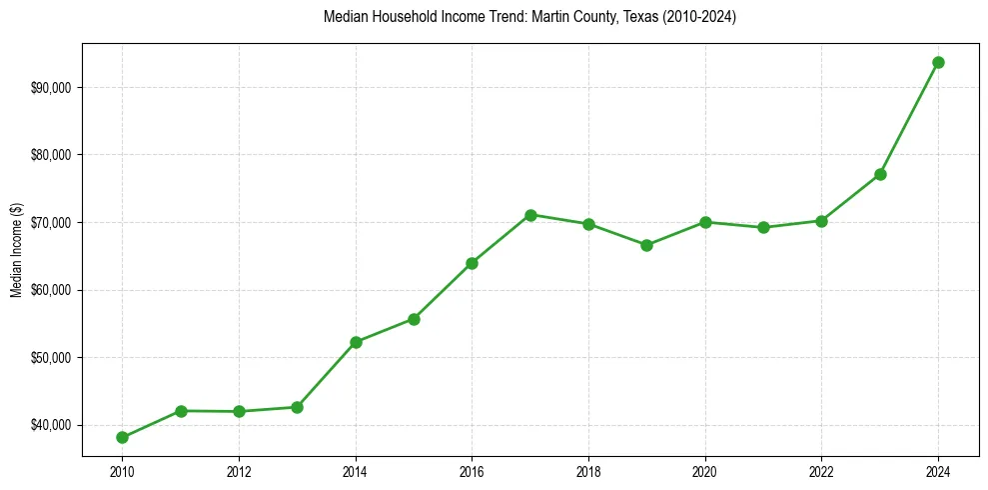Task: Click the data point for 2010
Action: click(122, 437)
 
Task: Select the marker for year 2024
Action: click(938, 62)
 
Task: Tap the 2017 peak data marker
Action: click(530, 215)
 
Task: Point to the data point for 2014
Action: click(356, 342)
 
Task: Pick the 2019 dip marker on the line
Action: click(646, 245)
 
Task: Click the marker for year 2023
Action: click(880, 174)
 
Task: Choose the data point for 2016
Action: click(472, 263)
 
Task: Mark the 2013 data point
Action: click(297, 407)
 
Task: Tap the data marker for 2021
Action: click(763, 227)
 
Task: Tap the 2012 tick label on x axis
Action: click(239, 472)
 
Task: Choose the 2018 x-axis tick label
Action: click(588, 472)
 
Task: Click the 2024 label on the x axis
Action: click(938, 472)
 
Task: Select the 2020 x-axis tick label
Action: click(705, 472)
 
